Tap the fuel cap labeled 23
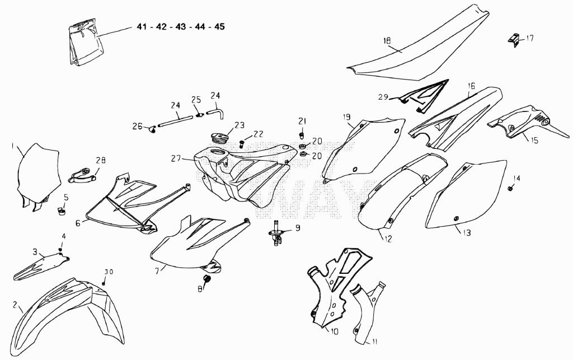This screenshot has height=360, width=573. pyautogui.click(x=221, y=139)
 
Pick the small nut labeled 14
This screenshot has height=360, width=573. pyautogui.click(x=509, y=188)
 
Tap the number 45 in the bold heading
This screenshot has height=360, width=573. pyautogui.click(x=219, y=26)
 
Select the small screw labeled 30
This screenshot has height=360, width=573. pyautogui.click(x=104, y=283)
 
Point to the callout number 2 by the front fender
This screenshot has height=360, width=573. pyautogui.click(x=15, y=305)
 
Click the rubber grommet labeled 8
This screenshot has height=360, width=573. pyautogui.click(x=207, y=280)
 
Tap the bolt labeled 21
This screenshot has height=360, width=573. pyautogui.click(x=302, y=135)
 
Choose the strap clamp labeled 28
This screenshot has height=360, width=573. pyautogui.click(x=82, y=175)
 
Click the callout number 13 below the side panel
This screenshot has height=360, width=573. pyautogui.click(x=467, y=232)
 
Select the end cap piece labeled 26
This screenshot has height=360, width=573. pyautogui.click(x=152, y=129)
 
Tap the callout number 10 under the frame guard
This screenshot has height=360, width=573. pyautogui.click(x=335, y=331)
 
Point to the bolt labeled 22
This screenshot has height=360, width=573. pyautogui.click(x=242, y=143)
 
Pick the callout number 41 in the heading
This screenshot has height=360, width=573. pyautogui.click(x=142, y=26)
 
